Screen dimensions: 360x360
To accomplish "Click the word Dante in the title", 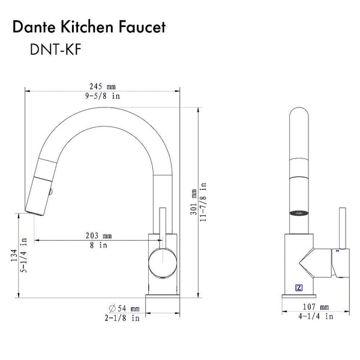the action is coord(34,27).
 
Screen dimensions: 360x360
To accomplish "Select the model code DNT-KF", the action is coord(56,50).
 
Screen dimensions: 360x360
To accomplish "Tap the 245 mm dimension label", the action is coord(103,86).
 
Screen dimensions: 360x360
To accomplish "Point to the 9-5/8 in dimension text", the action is coord(103,96).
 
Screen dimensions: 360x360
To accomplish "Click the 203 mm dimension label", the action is coord(99,236).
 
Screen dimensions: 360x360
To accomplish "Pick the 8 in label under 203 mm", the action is coord(98,245).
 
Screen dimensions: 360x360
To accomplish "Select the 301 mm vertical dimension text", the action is coord(194,202).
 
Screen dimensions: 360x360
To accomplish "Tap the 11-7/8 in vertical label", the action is coord(203,202).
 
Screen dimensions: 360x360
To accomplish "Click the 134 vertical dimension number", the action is coord(14,255).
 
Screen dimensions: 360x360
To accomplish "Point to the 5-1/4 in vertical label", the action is coord(23,255).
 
